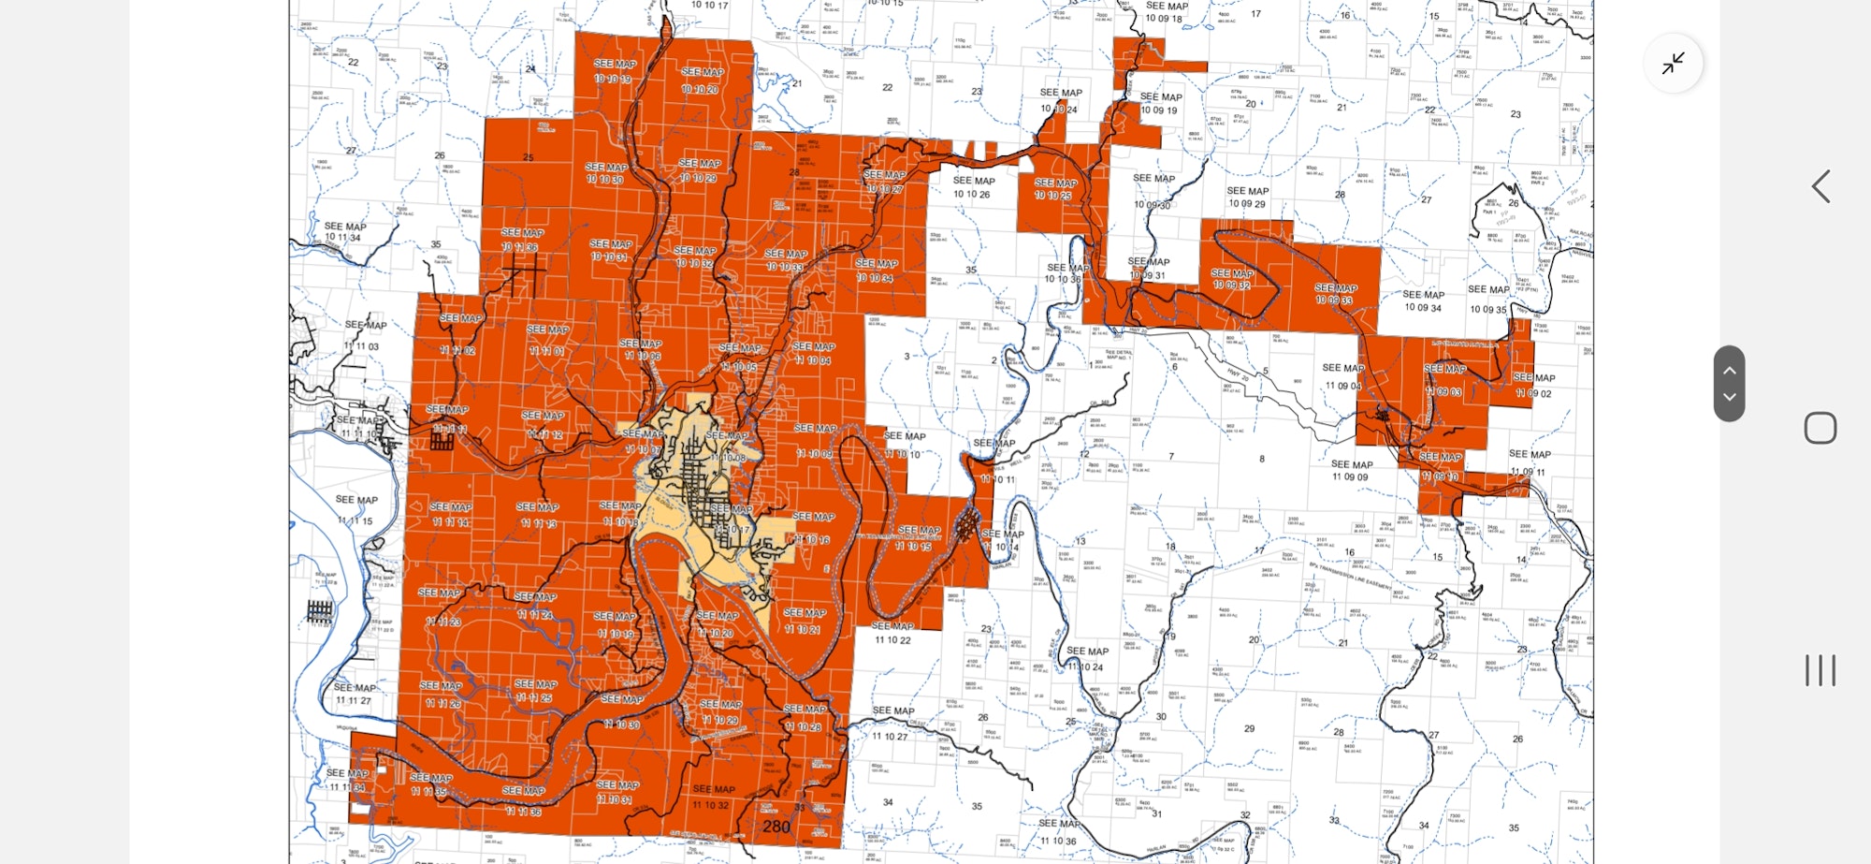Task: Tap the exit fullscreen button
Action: coord(1673,63)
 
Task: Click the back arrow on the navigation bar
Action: coord(1820,186)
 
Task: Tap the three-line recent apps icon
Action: coord(1820,670)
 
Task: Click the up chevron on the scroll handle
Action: coord(1729,370)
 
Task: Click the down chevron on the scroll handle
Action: coord(1729,397)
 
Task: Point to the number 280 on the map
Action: coord(776,826)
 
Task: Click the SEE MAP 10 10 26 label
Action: coord(973,187)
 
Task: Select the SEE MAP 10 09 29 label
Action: coord(1247,197)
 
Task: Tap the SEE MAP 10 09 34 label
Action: coord(1423,300)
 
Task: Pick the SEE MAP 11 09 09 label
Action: coord(1351,470)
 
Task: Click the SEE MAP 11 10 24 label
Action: coord(1086,659)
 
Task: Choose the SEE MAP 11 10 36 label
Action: coord(1059,832)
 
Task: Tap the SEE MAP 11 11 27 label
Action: coord(354,694)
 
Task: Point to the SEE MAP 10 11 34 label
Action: coord(343,231)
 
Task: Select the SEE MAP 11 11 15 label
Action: coord(355,510)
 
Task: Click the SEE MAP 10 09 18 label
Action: coord(1166,12)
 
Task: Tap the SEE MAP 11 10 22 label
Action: coord(892,633)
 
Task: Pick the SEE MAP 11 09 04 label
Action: coord(1343,376)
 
